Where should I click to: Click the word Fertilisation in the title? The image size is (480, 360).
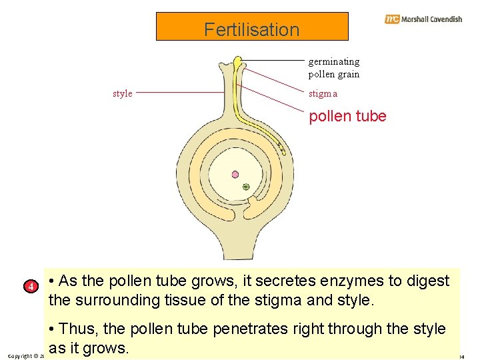click(252, 29)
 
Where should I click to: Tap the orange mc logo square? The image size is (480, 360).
click(392, 19)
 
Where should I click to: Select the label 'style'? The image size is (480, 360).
click(122, 93)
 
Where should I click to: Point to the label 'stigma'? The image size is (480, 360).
click(323, 94)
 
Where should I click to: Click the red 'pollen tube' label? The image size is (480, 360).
click(347, 116)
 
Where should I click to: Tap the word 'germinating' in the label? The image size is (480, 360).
click(333, 61)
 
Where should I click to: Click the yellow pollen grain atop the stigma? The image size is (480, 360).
click(238, 62)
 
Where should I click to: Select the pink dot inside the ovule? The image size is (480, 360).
click(235, 175)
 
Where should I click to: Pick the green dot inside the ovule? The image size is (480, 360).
click(246, 187)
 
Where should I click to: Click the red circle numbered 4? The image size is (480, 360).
click(29, 287)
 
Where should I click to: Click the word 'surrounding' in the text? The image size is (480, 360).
click(115, 300)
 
